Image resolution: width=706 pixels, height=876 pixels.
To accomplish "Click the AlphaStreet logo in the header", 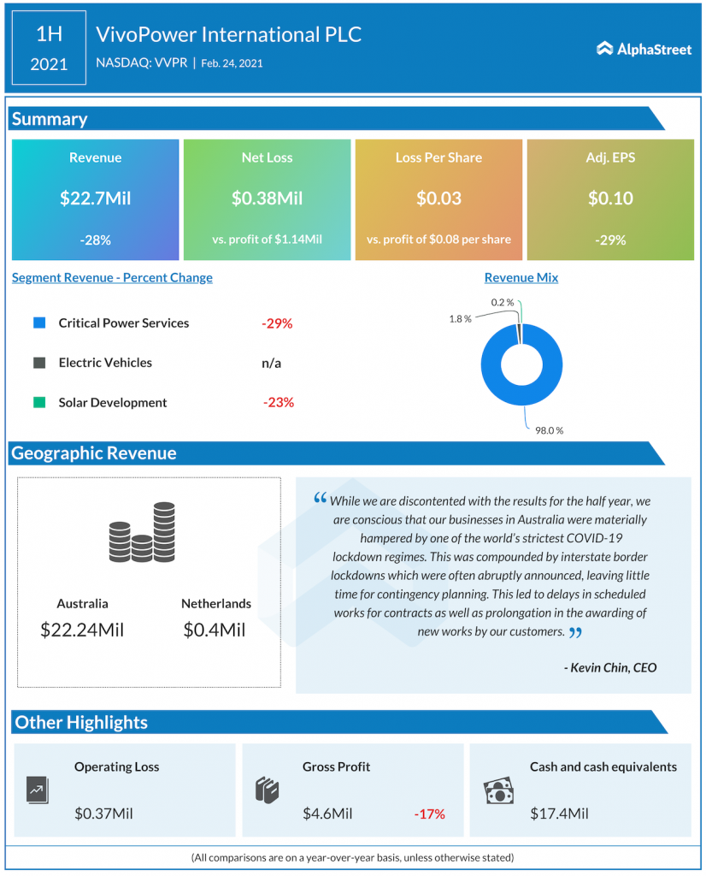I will pos(644,49).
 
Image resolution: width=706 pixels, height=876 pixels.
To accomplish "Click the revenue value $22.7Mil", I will pos(95,198).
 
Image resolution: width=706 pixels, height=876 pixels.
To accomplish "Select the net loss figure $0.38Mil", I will pos(267,198).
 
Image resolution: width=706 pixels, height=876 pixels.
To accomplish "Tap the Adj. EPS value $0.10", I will pos(610,198).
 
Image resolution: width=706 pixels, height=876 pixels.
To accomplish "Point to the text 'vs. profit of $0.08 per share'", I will pos(438,240).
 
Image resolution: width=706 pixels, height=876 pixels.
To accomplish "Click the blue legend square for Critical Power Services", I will pos(38,323).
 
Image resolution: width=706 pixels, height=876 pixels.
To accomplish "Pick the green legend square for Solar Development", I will pos(38,402).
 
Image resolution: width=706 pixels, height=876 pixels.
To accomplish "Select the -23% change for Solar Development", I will pos(278,402).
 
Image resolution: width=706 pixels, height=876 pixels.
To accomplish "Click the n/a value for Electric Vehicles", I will pos(272,363).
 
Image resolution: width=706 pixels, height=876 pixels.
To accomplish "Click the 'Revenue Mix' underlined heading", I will pos(521,277).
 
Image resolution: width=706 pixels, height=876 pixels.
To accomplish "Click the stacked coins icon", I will pos(142,533).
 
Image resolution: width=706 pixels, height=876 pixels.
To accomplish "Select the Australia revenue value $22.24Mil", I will pos(82,630).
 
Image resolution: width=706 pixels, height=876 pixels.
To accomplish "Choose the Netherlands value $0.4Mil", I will pos(215,630).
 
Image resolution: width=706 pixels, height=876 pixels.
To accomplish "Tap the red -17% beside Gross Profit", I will pos(429,814).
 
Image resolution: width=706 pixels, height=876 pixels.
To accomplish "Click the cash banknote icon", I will pos(498,791).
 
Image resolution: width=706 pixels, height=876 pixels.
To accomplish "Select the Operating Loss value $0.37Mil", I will pos(103,814).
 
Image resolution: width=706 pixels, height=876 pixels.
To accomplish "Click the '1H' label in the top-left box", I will pos(49,34).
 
